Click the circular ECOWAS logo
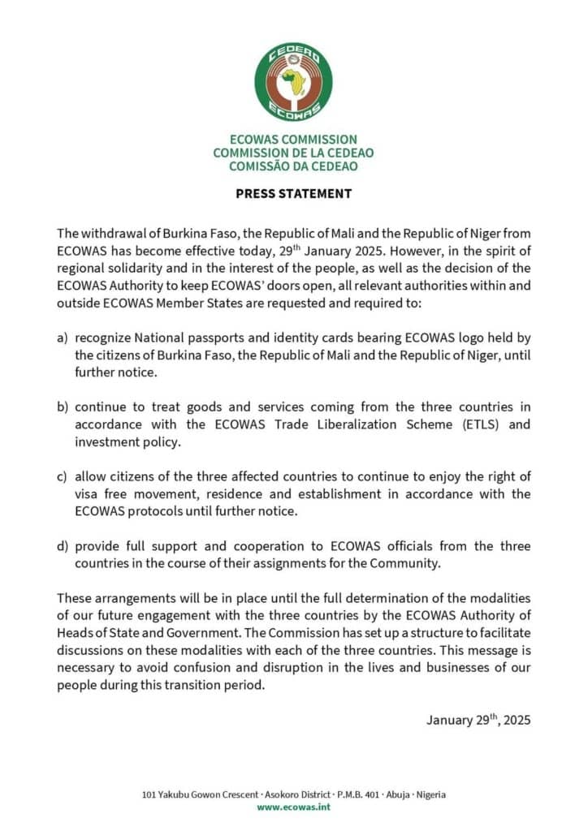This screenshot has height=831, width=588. click(293, 83)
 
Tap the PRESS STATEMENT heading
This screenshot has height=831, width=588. click(293, 194)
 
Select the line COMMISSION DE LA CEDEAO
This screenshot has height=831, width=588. click(293, 153)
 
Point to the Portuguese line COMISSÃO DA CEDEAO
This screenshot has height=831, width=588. click(293, 166)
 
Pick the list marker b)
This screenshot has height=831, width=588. click(63, 407)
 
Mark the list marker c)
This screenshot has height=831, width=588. click(63, 476)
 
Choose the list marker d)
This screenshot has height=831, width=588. click(63, 546)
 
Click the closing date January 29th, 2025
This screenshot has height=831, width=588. click(478, 719)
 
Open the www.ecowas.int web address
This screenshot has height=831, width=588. click(293, 807)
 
